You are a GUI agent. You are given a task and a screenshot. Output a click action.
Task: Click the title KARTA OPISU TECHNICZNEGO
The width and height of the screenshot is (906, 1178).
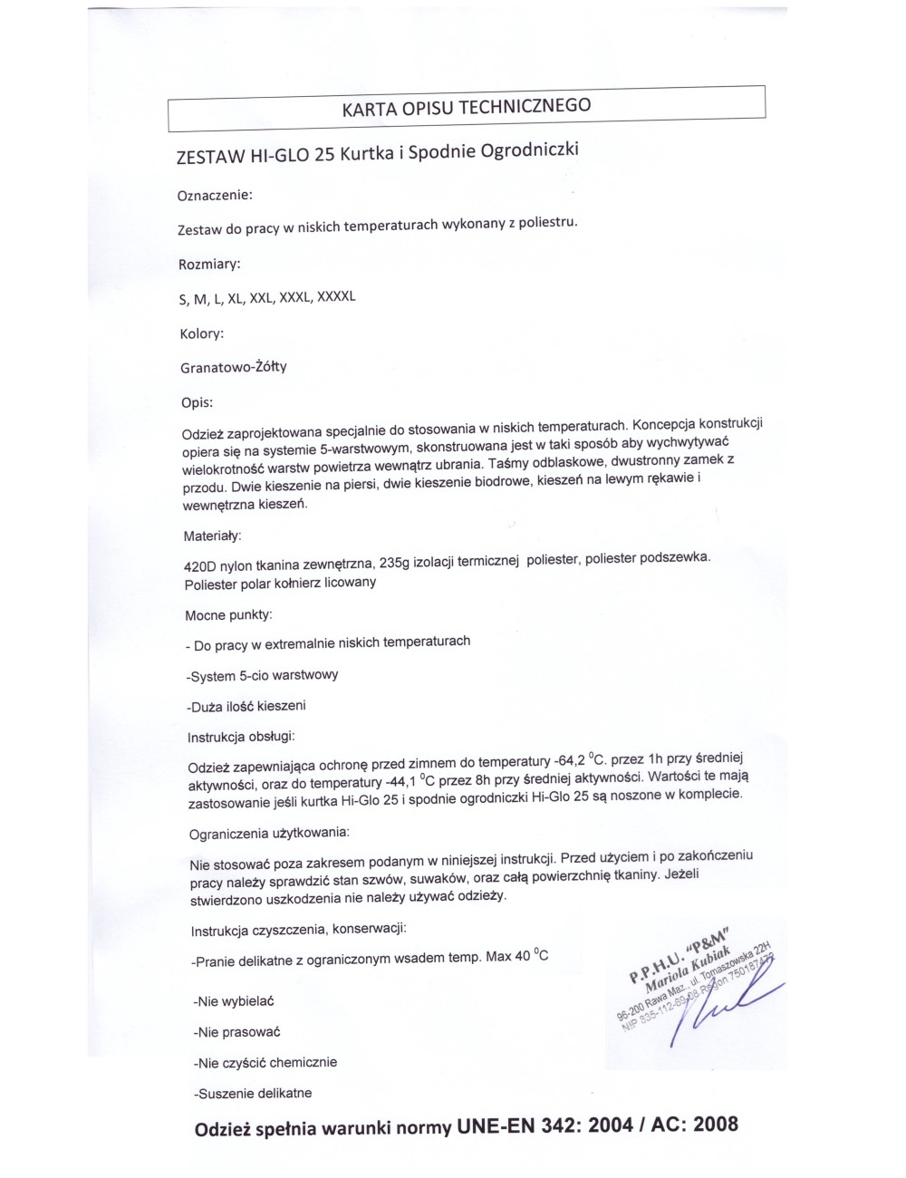466,107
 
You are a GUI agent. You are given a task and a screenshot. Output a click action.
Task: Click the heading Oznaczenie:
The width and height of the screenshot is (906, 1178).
216,195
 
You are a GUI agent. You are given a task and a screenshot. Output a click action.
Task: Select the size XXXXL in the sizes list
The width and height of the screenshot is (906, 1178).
335,296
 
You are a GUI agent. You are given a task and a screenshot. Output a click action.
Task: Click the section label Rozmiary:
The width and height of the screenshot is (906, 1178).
210,265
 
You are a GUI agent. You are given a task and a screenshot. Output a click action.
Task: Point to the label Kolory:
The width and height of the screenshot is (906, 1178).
201,334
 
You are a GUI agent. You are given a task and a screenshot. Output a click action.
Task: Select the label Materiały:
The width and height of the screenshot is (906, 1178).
212,536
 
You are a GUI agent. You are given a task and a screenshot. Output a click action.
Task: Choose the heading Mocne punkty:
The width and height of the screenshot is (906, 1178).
228,615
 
